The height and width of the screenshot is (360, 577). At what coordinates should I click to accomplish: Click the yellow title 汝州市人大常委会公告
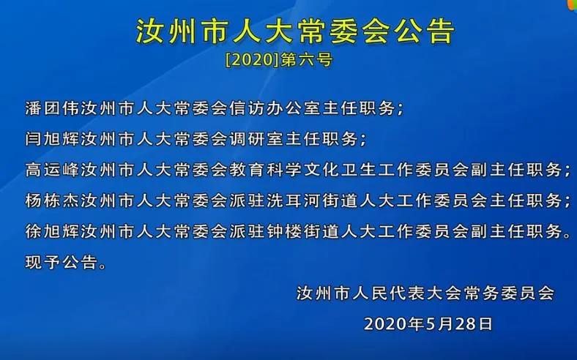(x=296, y=31)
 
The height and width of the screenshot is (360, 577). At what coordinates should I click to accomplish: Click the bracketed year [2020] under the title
(x=253, y=60)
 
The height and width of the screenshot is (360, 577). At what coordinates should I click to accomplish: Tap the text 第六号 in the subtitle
(x=307, y=60)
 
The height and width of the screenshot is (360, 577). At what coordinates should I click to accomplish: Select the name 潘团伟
(x=53, y=108)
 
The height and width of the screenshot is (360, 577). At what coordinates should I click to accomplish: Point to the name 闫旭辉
(x=53, y=139)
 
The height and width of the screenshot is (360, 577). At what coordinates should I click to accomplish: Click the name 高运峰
(x=53, y=170)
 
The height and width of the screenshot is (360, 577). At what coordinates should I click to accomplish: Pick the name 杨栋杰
(x=53, y=200)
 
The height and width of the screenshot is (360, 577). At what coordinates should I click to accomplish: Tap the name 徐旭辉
(x=53, y=232)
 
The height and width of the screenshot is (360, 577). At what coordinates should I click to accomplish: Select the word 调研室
(x=257, y=139)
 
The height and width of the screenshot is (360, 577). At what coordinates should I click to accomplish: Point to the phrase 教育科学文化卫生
(x=303, y=170)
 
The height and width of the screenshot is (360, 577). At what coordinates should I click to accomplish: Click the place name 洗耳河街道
(x=313, y=200)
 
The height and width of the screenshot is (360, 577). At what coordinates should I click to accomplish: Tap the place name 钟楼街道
(x=303, y=232)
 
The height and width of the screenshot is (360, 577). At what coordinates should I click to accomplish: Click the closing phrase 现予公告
(x=62, y=263)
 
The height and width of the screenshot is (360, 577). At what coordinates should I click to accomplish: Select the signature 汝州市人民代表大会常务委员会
(x=425, y=293)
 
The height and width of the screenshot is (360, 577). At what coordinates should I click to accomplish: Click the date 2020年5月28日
(x=428, y=324)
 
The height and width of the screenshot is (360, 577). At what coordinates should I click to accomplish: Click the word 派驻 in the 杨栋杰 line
(x=247, y=200)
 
